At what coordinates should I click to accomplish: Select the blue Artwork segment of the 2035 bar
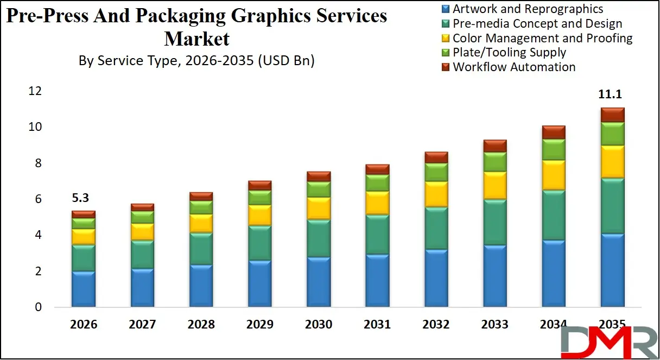(612, 270)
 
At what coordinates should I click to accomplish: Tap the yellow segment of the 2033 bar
(494, 185)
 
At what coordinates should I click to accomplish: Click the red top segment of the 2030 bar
(318, 176)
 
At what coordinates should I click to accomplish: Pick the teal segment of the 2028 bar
(201, 249)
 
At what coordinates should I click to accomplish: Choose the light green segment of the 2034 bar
(553, 149)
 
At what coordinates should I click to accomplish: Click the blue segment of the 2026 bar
(83, 289)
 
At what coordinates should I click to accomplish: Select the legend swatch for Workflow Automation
(446, 67)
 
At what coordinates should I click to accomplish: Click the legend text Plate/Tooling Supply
(509, 53)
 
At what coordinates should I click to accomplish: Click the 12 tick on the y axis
(35, 91)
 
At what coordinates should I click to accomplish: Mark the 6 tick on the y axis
(38, 199)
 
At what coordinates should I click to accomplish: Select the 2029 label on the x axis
(259, 325)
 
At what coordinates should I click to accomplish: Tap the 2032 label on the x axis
(436, 325)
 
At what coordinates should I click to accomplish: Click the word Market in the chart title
(196, 39)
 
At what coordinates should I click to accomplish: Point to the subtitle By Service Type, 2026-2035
(196, 61)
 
